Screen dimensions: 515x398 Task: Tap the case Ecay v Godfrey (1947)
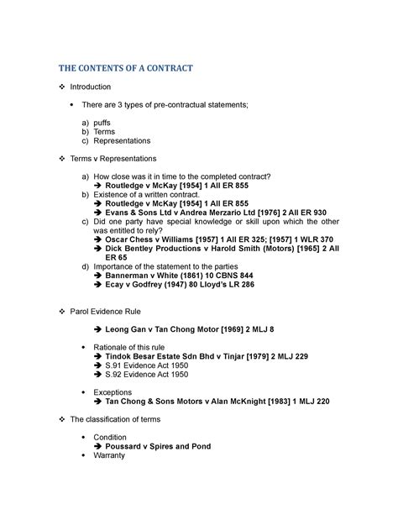point(156,285)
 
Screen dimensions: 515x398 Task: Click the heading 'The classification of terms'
point(129,418)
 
